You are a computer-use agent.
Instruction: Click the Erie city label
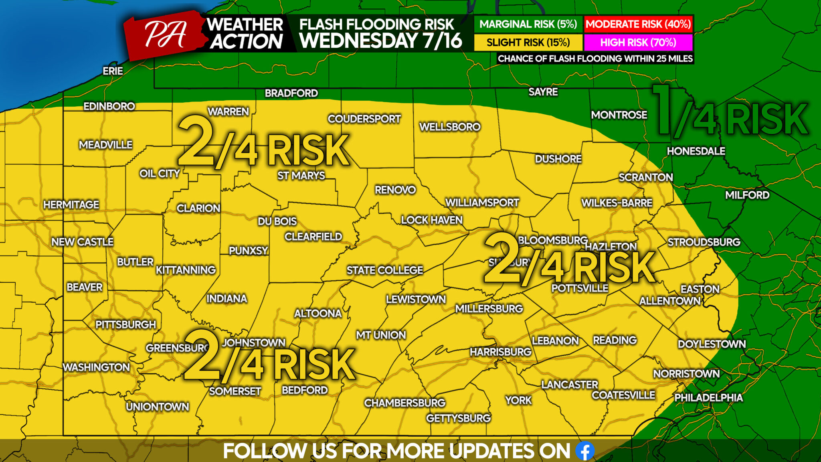click(113, 71)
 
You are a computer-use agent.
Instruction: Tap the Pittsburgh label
click(125, 324)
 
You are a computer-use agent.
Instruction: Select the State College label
click(384, 270)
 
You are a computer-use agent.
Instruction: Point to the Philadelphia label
click(708, 397)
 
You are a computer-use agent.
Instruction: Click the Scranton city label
click(645, 177)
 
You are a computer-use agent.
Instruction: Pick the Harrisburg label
click(500, 352)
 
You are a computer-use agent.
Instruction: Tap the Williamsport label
click(482, 203)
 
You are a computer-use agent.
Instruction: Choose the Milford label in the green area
click(747, 195)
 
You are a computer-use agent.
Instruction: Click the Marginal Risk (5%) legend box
click(528, 24)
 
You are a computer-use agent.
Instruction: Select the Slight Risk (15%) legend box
click(528, 43)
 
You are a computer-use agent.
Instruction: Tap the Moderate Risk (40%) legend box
click(638, 24)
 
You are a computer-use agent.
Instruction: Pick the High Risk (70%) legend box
click(638, 43)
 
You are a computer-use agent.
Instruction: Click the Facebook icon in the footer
click(585, 451)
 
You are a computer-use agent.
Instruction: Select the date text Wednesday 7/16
click(380, 41)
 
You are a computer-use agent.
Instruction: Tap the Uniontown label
click(158, 407)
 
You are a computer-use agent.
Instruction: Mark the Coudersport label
click(364, 119)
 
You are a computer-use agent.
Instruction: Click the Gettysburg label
click(458, 418)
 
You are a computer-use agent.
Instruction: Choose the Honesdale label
click(696, 151)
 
